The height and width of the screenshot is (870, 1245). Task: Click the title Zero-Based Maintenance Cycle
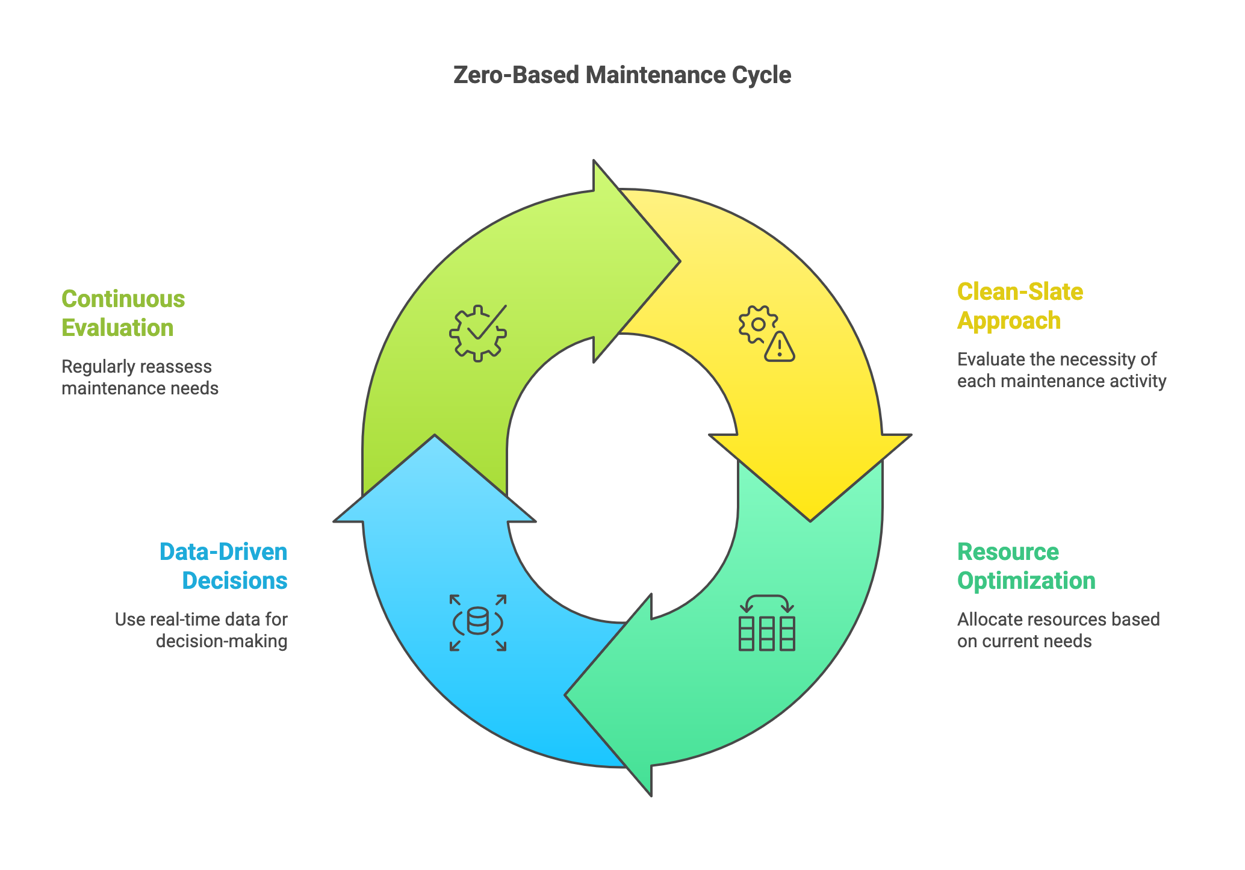coord(622,75)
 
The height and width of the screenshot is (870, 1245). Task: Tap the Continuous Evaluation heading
coord(123,313)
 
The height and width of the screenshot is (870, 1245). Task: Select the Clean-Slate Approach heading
coord(1020,306)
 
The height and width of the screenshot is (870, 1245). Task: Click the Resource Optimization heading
coord(1026,566)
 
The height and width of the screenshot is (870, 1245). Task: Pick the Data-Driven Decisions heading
coord(224,566)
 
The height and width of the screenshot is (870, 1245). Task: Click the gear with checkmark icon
coord(478,333)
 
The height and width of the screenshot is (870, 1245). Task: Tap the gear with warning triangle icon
coord(766,334)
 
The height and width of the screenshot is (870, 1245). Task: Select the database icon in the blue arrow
coord(478,623)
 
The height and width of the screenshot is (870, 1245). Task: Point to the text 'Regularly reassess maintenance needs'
coord(140,378)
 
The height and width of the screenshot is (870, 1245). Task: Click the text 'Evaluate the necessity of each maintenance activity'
coord(1061,370)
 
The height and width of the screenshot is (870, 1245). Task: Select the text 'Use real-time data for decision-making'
coord(201,630)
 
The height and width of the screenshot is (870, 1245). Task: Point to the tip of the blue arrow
coord(435,437)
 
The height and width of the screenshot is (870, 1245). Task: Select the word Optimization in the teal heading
coord(1026,581)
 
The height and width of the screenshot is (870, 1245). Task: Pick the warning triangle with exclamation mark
coord(780,348)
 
